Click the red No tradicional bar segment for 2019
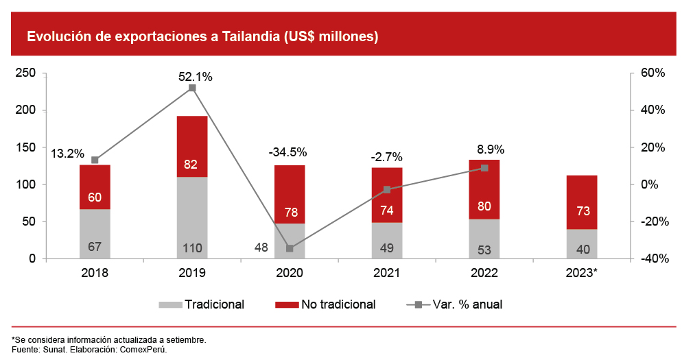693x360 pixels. click(x=192, y=147)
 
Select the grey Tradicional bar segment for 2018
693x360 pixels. click(x=95, y=234)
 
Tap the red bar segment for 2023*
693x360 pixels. click(x=582, y=202)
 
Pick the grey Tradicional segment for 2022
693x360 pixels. click(x=484, y=239)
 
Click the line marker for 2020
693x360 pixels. click(x=290, y=248)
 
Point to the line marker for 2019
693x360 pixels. click(x=192, y=88)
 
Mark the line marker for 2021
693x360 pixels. click(x=387, y=189)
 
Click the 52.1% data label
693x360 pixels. click(x=196, y=77)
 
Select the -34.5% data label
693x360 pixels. click(x=288, y=152)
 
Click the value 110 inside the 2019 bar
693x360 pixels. click(x=192, y=247)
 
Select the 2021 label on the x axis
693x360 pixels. click(x=387, y=273)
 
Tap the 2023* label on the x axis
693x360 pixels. click(x=582, y=273)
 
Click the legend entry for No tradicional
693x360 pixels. click(x=330, y=304)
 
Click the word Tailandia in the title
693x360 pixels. click(x=251, y=36)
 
